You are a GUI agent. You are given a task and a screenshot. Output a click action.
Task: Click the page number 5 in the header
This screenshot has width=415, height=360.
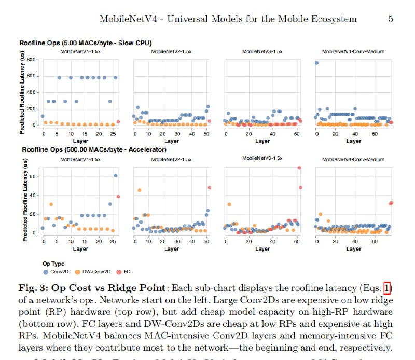390,19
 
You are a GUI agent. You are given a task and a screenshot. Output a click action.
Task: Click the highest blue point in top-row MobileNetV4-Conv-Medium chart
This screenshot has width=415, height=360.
316,63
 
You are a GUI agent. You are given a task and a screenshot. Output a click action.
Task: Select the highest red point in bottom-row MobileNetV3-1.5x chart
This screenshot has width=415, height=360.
299,168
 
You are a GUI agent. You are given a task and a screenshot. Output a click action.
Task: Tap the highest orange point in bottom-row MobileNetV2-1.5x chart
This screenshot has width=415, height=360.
139,190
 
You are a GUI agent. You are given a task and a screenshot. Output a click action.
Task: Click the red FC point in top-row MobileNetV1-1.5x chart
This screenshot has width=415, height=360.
118,122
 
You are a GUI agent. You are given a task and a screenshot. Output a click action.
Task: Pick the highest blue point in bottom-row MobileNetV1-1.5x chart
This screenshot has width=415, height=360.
115,176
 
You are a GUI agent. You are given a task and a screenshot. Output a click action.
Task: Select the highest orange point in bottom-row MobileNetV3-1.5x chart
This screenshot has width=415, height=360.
229,204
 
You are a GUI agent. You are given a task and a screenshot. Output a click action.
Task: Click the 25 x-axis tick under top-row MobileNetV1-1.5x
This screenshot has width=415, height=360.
112,134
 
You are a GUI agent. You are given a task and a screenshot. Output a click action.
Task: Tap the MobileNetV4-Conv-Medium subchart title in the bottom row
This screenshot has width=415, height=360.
353,159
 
